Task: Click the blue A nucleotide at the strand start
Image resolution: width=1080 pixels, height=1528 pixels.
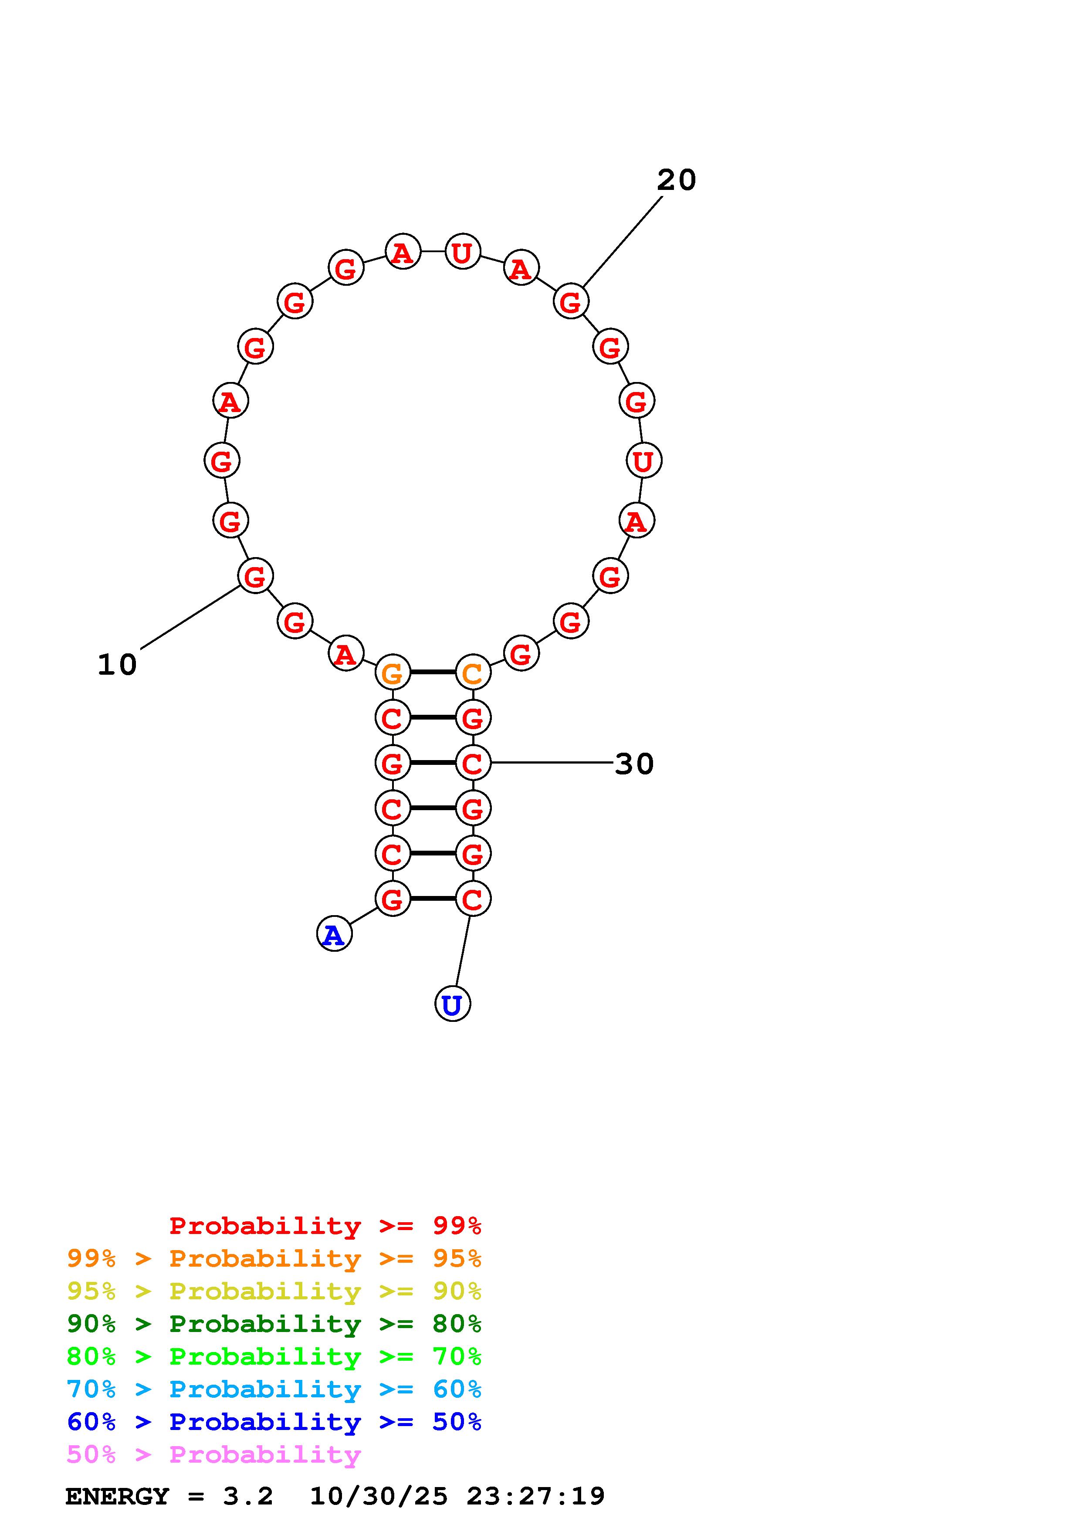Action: click(334, 934)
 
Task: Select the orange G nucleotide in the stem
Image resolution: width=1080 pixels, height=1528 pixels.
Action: click(393, 673)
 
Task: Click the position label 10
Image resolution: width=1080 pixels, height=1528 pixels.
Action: click(117, 664)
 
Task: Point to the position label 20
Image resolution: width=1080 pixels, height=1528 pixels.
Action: click(676, 180)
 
